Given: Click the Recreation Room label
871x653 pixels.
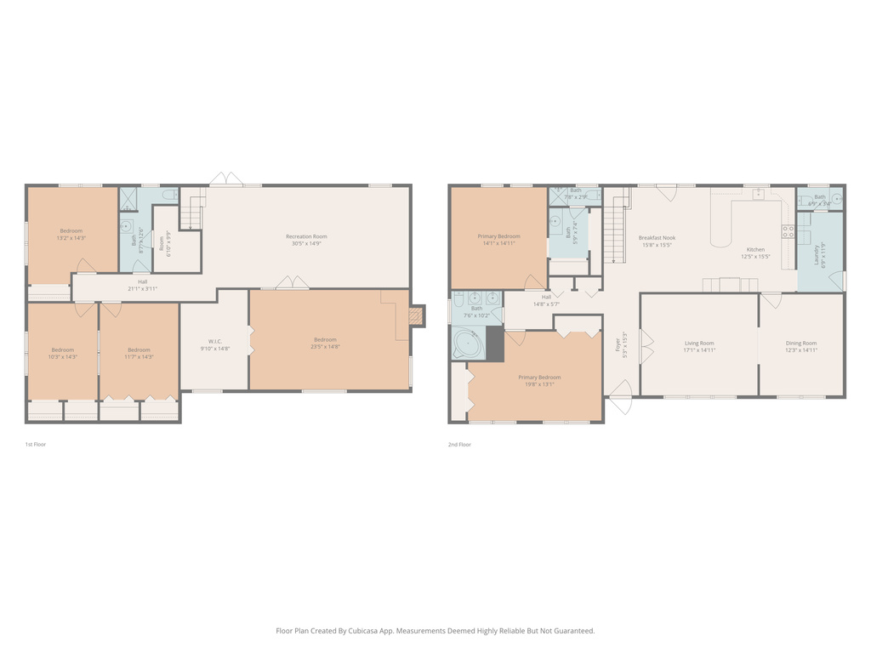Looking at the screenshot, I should (306, 236).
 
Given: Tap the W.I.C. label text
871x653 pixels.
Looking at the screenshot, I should (215, 341).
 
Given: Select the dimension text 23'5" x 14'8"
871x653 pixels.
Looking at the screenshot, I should (325, 348).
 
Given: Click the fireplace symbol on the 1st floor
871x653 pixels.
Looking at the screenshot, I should (415, 316).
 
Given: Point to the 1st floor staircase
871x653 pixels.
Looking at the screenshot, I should (194, 211).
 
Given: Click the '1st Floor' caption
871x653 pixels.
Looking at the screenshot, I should (36, 444).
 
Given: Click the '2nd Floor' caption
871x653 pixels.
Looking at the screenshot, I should (459, 444).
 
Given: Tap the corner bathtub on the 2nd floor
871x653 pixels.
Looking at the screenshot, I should (465, 344).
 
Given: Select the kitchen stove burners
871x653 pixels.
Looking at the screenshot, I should (788, 230).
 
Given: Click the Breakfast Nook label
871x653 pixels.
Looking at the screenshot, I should (657, 237).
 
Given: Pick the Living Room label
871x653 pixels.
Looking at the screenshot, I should (699, 343).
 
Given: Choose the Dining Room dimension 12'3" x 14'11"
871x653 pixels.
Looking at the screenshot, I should (801, 349).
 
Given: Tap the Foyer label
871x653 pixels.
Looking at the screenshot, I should (618, 344).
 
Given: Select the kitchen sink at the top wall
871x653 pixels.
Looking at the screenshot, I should (756, 195).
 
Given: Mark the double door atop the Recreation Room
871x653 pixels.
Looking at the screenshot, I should (226, 179).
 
